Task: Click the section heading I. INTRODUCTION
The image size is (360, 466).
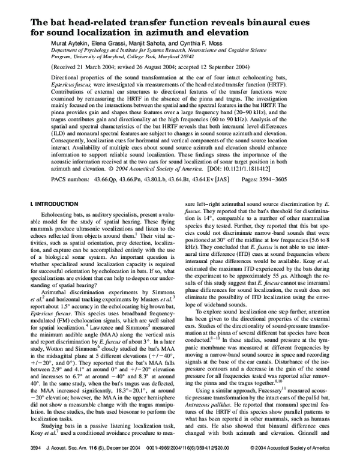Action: pos(51,204)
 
